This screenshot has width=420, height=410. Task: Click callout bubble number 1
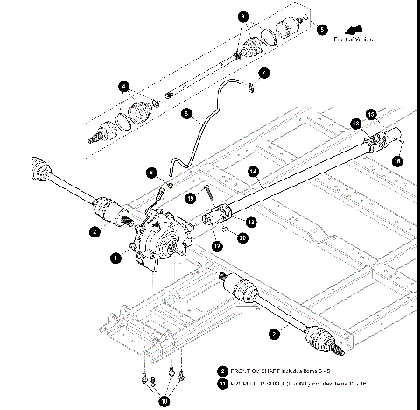[115, 258]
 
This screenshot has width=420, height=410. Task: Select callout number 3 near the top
[243, 16]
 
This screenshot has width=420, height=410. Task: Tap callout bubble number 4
[124, 86]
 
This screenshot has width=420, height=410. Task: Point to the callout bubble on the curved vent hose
[186, 112]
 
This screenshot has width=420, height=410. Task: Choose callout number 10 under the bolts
[161, 401]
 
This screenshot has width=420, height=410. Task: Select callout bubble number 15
[370, 114]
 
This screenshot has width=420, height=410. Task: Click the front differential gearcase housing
[157, 237]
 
